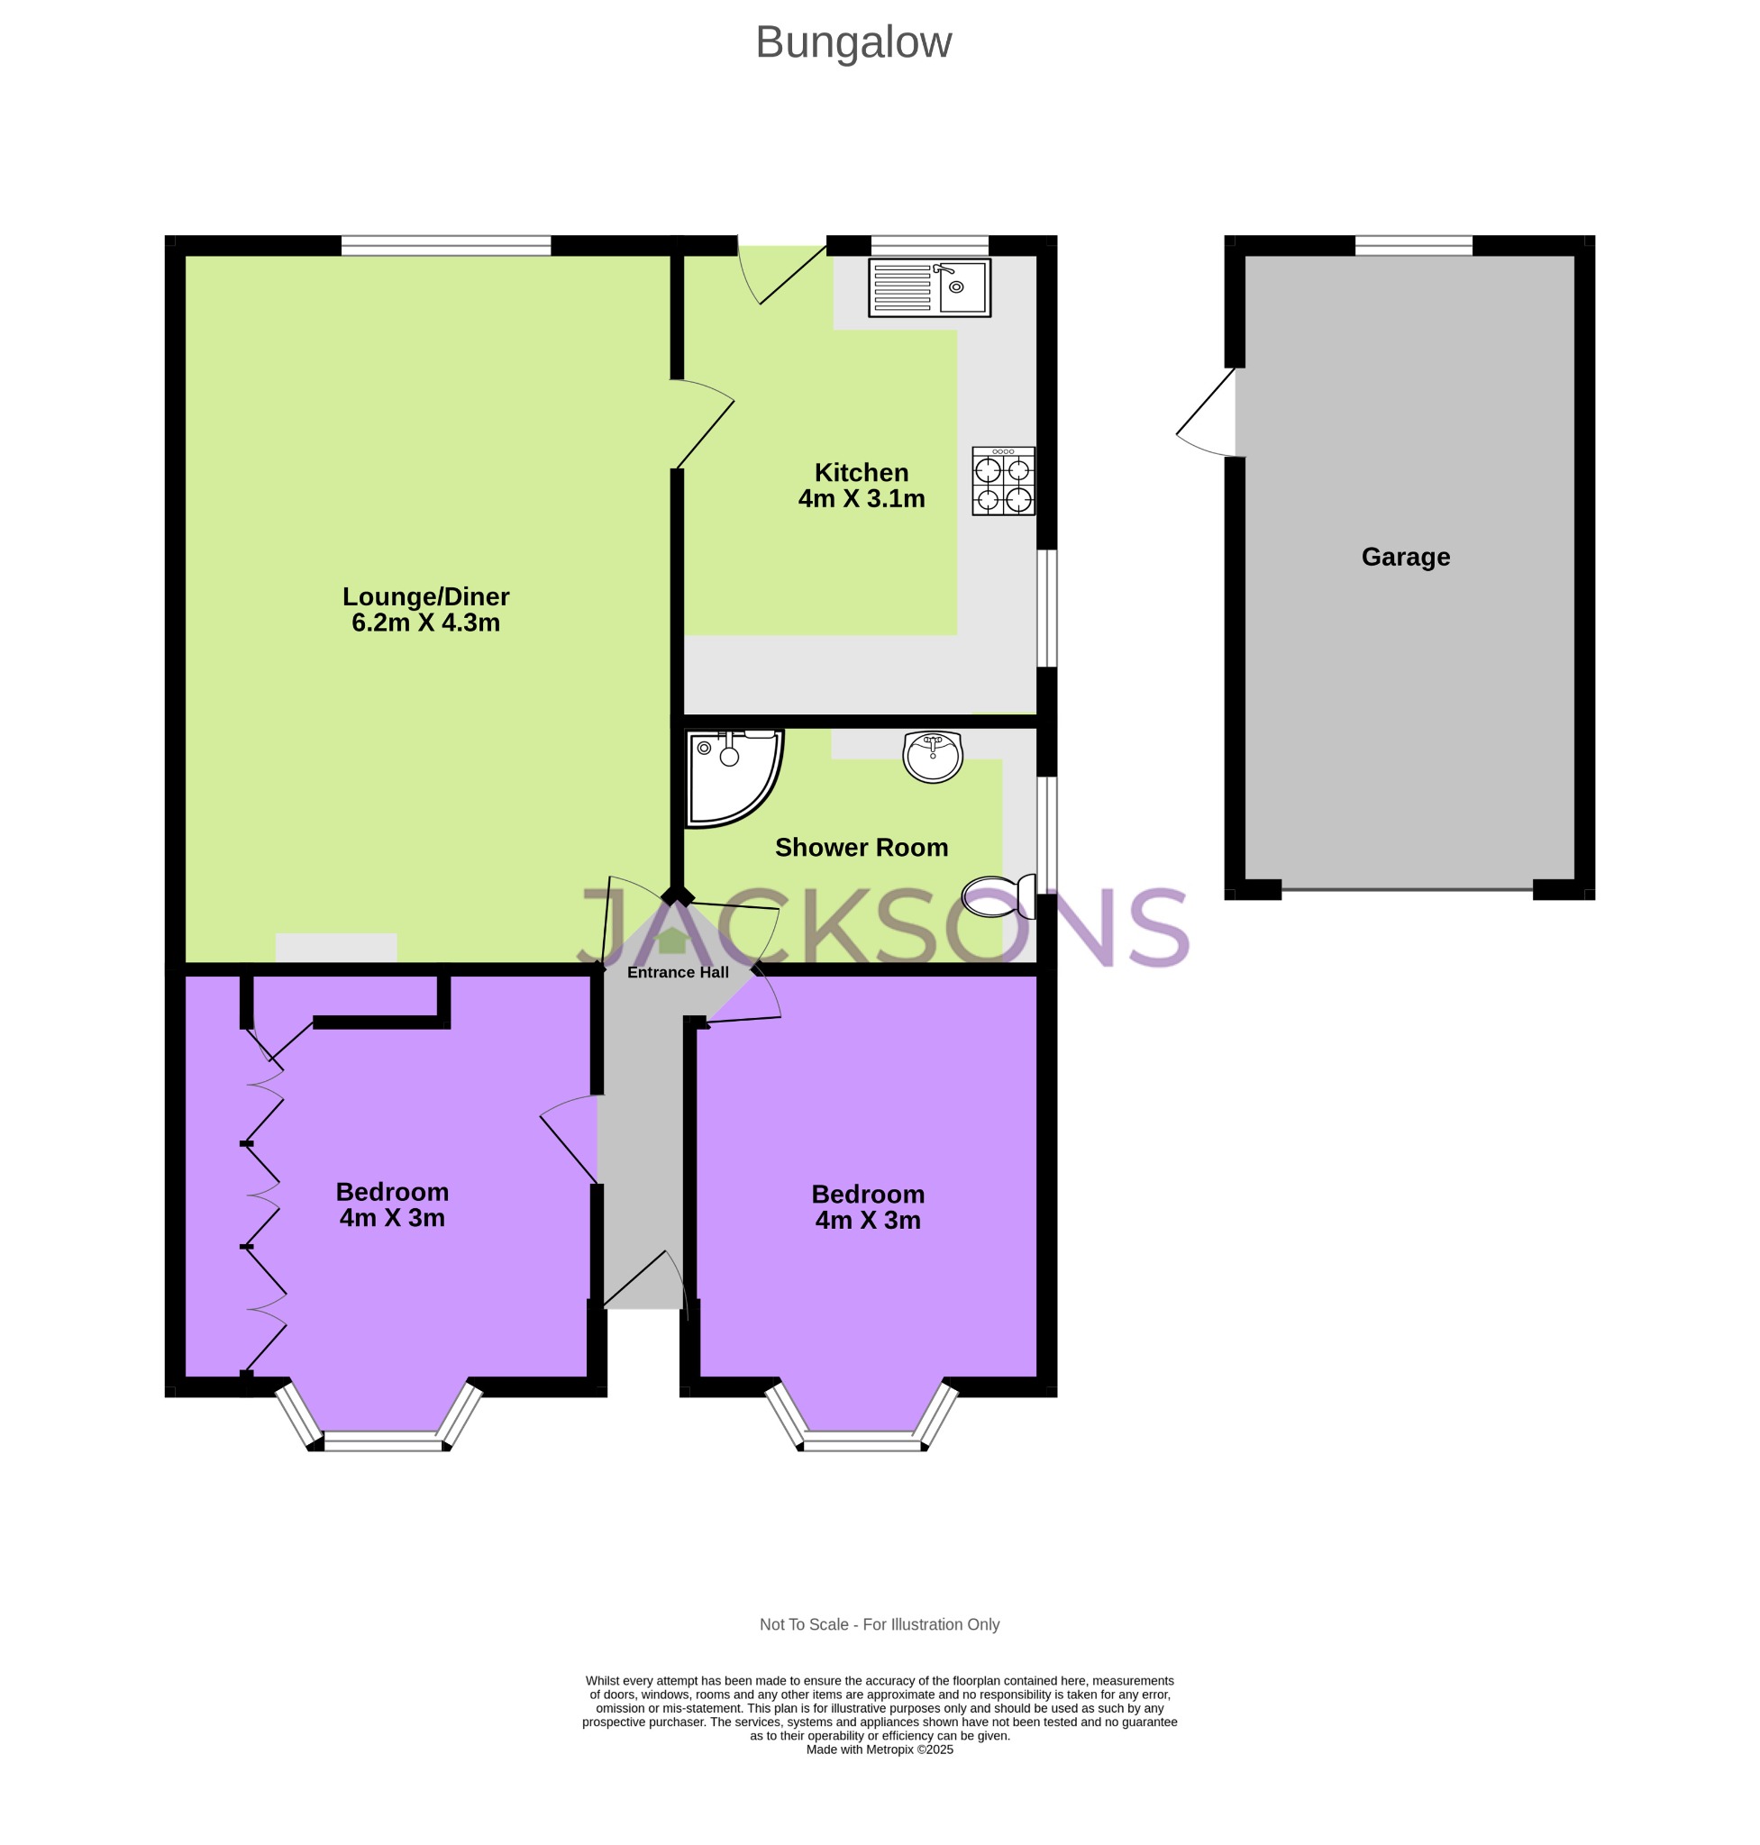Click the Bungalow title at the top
pos(853,42)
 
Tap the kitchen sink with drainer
pos(929,287)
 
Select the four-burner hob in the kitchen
pos(1003,481)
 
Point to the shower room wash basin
pos(933,755)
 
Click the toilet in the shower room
pos(999,895)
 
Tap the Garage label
pos(1404,557)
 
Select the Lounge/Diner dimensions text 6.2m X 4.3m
pos(425,623)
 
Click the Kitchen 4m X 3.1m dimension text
pos(861,499)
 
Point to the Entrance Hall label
pos(678,973)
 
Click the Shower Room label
pos(861,847)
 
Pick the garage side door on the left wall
pos(1208,413)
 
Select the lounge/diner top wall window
pos(445,246)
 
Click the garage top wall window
pos(1413,246)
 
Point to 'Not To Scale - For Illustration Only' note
pos(879,1624)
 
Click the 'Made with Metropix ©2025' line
pos(879,1750)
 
